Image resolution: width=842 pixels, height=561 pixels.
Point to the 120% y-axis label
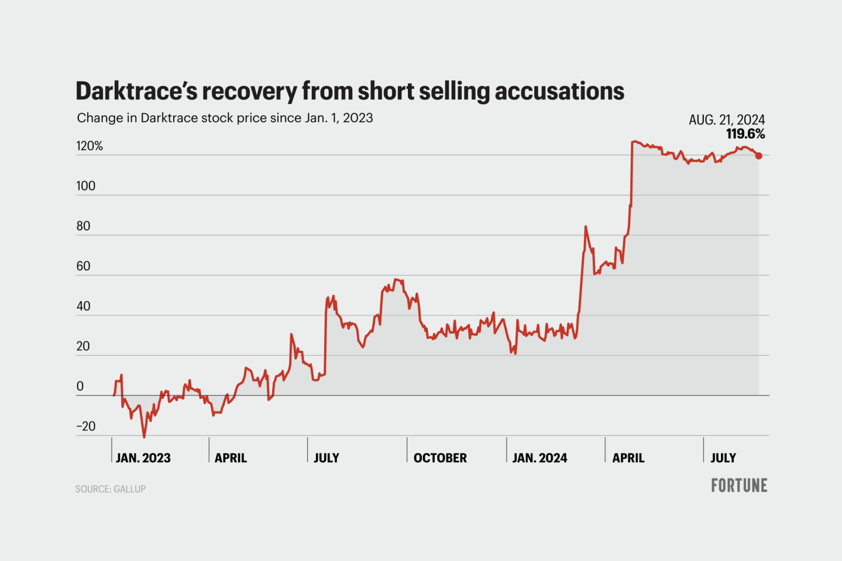point(90,146)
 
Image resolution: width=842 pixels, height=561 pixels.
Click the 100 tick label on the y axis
point(85,186)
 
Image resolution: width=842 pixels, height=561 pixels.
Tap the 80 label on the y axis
point(83,226)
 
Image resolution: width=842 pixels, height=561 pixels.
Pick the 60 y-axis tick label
point(83,266)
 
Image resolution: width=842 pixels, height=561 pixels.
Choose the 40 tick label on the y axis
point(83,307)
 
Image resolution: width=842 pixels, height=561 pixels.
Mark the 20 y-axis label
point(83,346)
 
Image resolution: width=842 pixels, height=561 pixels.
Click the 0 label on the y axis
point(80,387)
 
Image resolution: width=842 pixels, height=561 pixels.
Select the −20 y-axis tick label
point(85,426)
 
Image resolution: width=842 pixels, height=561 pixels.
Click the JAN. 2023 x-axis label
point(143,458)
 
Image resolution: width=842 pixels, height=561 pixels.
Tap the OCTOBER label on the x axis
point(440,458)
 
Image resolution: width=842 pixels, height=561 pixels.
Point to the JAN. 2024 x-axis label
point(539,458)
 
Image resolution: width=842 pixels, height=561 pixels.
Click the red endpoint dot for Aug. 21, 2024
point(759,156)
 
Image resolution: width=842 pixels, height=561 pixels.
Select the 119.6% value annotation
point(745,134)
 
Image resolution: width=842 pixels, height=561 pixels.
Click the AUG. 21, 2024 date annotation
point(727,120)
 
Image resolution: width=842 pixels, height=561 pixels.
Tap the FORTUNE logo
point(739,486)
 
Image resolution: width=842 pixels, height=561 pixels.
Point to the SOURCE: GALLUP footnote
point(110,489)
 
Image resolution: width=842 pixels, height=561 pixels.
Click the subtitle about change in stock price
point(225,118)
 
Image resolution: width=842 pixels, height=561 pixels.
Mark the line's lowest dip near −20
point(144,436)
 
